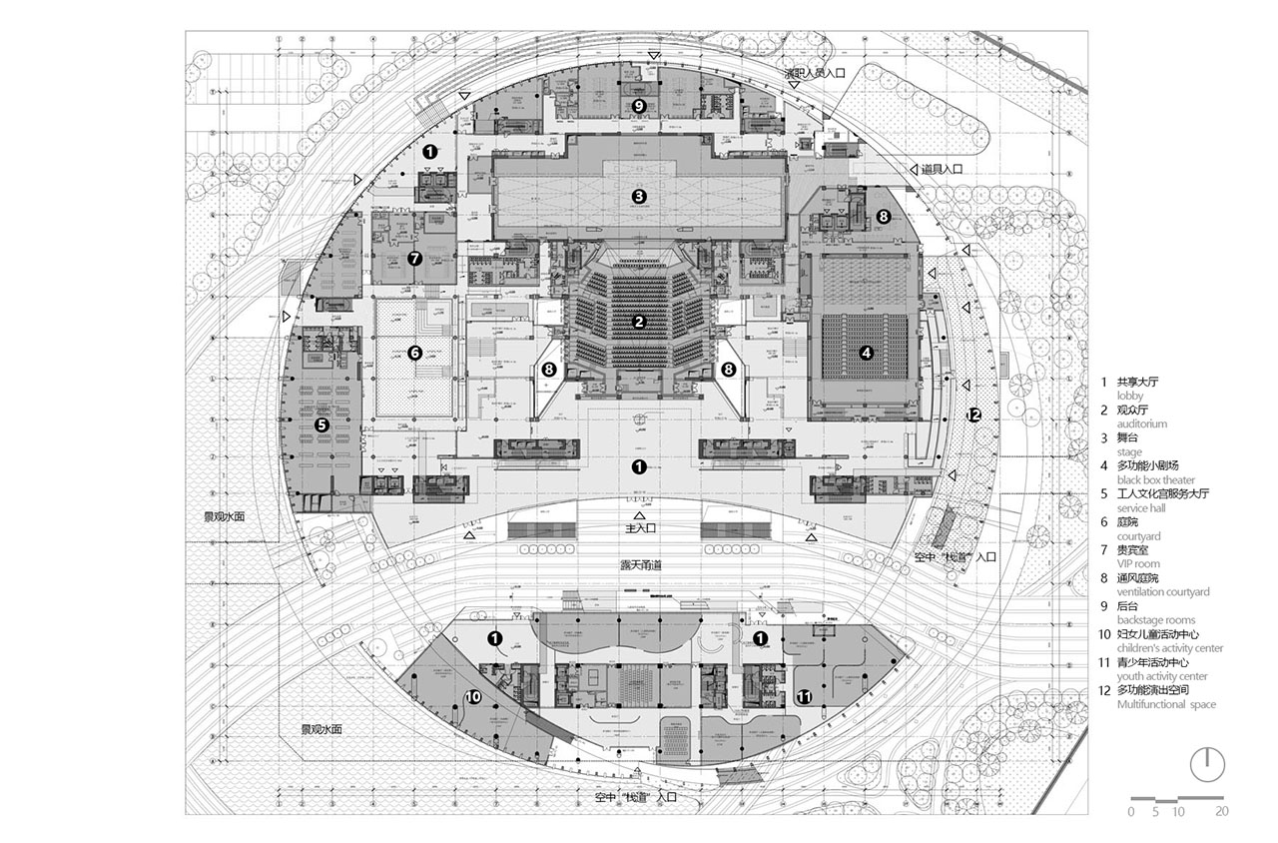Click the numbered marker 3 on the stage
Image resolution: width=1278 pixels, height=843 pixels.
(x=639, y=196)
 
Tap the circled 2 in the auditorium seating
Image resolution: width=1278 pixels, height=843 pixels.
(x=639, y=322)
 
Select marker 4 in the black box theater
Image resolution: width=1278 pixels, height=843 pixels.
(x=867, y=352)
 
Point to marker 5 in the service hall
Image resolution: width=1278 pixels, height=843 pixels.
(x=321, y=424)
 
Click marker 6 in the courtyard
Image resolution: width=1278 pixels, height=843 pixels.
(x=415, y=352)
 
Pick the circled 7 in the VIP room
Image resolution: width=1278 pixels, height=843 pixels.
(x=415, y=258)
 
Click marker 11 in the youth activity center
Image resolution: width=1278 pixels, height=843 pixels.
(x=805, y=696)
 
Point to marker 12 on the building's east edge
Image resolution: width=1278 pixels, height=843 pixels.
(x=973, y=415)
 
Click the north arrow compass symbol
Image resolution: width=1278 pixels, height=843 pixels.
(x=1207, y=763)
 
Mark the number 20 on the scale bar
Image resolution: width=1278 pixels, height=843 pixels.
(x=1222, y=812)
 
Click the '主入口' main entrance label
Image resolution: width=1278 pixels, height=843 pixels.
(x=639, y=527)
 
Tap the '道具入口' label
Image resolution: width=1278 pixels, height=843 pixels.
(x=942, y=171)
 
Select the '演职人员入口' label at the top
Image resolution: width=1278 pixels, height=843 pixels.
(x=814, y=73)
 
